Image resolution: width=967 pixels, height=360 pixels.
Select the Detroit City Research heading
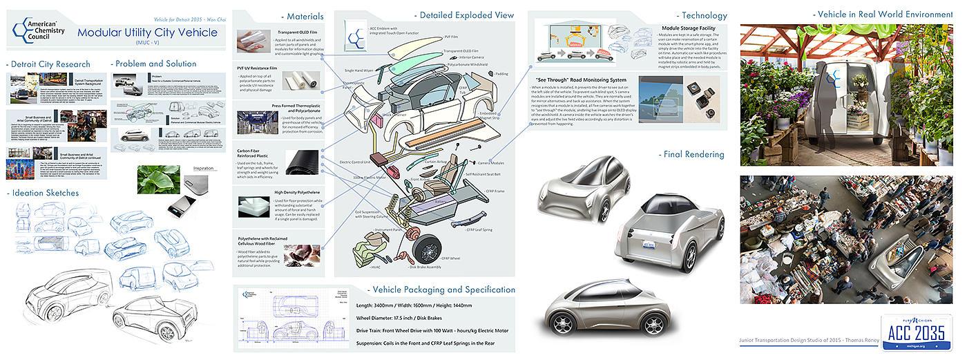pyautogui.click(x=50, y=64)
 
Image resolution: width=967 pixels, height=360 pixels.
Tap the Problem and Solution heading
pyautogui.click(x=156, y=64)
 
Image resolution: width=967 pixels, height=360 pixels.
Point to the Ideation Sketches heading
pyautogui.click(x=46, y=193)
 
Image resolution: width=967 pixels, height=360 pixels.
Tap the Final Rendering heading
pyautogui.click(x=691, y=154)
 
